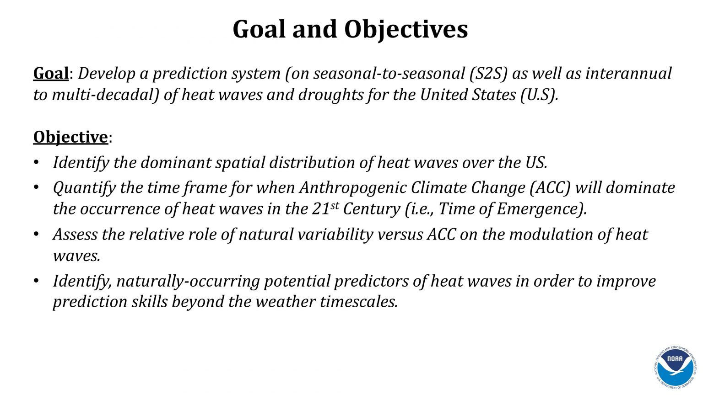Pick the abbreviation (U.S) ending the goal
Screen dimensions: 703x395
pos(539,95)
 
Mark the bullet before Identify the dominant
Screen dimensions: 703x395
pos(37,163)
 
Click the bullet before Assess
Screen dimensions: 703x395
pos(37,234)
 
